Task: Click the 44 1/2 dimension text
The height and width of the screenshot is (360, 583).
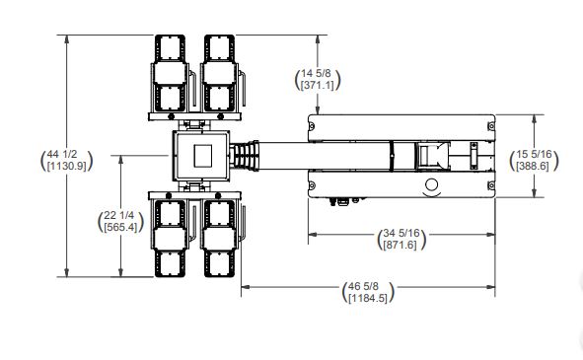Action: pos(62,154)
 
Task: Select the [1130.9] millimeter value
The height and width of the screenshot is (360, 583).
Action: pos(66,166)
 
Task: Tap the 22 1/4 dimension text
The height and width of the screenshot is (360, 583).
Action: pos(119,215)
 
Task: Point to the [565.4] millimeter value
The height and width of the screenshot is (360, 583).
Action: pos(120,227)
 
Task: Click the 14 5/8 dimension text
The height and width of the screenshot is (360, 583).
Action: pos(316,73)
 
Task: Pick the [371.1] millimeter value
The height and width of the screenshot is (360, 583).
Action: pos(318,85)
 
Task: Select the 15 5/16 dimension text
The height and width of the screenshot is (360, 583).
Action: pos(534,154)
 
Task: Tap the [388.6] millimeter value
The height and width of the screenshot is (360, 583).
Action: pos(533,166)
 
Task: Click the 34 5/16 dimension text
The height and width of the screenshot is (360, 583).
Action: pos(401,233)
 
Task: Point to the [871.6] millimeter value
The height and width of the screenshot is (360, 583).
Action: pos(401,245)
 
